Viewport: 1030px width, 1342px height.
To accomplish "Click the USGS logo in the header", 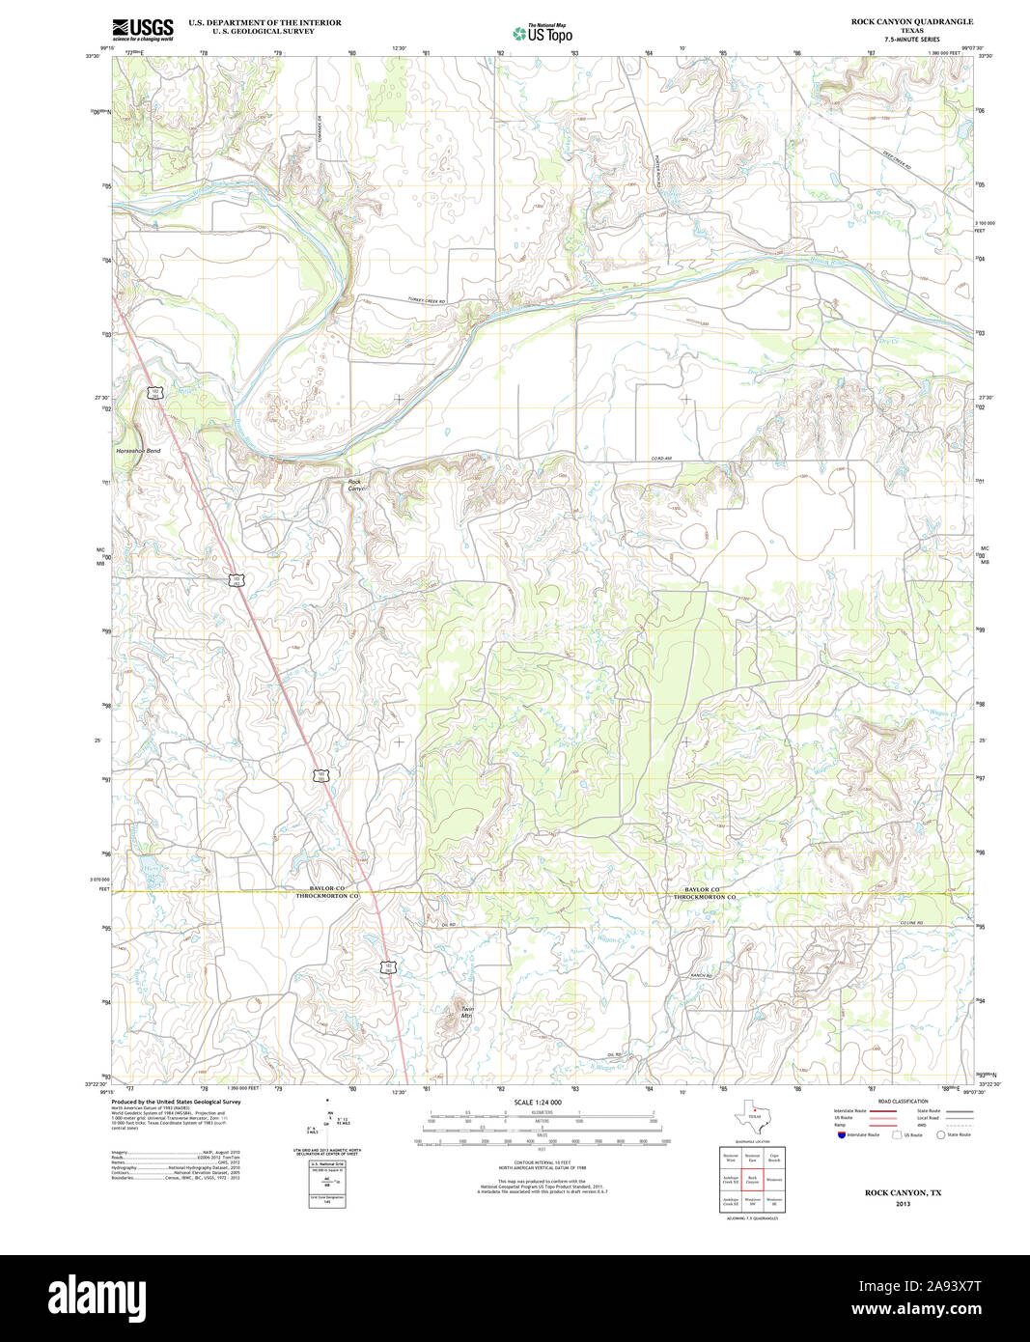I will (x=142, y=29).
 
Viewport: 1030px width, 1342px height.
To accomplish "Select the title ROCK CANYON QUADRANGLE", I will (x=898, y=21).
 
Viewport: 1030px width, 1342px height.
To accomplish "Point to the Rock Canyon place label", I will (x=355, y=486).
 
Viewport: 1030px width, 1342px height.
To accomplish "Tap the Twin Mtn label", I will (x=467, y=1012).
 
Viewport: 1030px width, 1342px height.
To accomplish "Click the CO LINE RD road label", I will (x=911, y=924).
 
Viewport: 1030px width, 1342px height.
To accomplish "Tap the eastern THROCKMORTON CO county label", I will (x=705, y=897).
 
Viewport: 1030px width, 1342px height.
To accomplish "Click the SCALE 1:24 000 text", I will (x=538, y=1102).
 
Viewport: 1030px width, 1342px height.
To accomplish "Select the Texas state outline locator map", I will (x=754, y=1119).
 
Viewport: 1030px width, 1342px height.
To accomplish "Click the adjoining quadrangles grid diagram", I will (x=753, y=1179).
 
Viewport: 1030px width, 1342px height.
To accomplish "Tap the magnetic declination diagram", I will (x=328, y=1125).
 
